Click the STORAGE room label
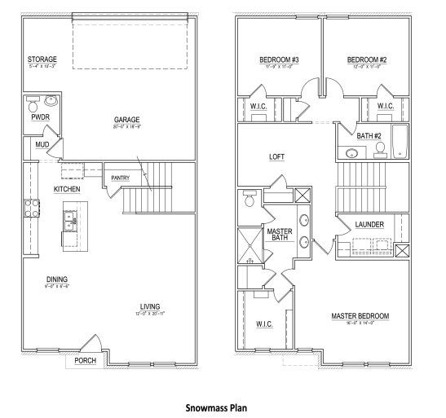(x=41, y=59)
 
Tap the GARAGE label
(x=127, y=121)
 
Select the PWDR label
(x=40, y=117)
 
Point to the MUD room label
(x=41, y=145)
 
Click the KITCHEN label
(x=67, y=188)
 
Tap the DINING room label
(x=56, y=278)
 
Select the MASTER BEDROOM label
(x=360, y=315)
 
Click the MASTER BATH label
(x=280, y=235)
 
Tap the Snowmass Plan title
(x=216, y=405)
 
